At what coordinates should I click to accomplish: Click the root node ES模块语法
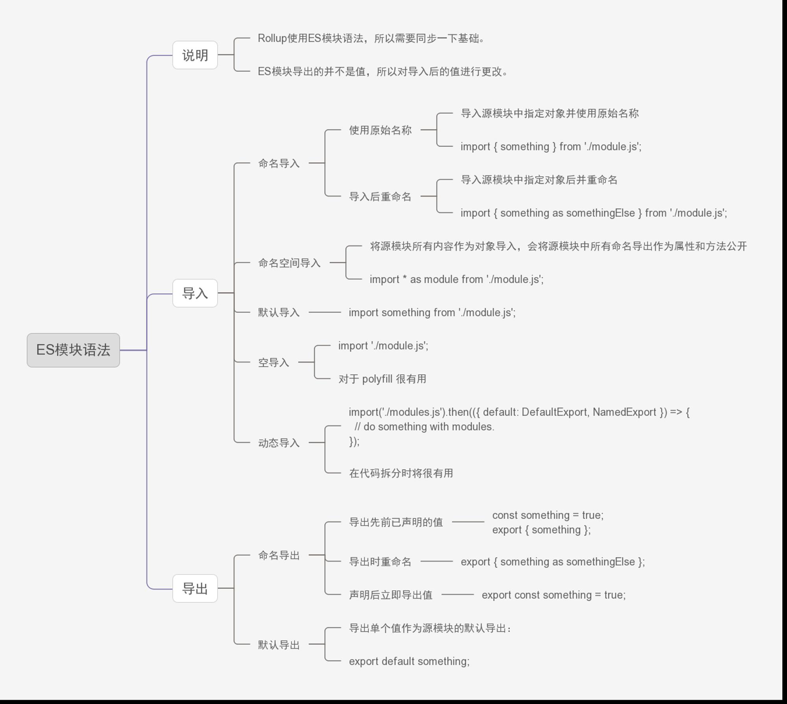point(73,350)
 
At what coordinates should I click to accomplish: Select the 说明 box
point(195,55)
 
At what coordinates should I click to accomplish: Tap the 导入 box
point(195,293)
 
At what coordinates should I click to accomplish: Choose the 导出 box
point(195,588)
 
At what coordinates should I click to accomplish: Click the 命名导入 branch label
point(279,163)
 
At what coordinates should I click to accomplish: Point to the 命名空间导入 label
point(289,263)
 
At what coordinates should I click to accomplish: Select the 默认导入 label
point(279,312)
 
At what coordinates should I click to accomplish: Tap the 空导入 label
point(273,362)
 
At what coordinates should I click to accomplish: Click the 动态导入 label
point(279,443)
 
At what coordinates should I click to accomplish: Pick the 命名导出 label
point(279,555)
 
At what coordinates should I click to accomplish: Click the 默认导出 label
point(279,645)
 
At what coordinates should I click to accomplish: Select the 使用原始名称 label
point(380,130)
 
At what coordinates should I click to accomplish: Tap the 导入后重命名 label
point(380,197)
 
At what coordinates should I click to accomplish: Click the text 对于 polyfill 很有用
point(382,379)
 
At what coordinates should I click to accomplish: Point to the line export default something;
point(409,661)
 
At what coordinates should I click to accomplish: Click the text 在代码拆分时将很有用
point(401,473)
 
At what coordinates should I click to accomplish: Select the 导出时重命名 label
point(380,562)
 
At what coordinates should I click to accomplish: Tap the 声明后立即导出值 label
point(391,595)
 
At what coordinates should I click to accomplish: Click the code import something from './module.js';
point(432,312)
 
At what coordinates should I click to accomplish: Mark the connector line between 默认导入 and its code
point(325,312)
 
